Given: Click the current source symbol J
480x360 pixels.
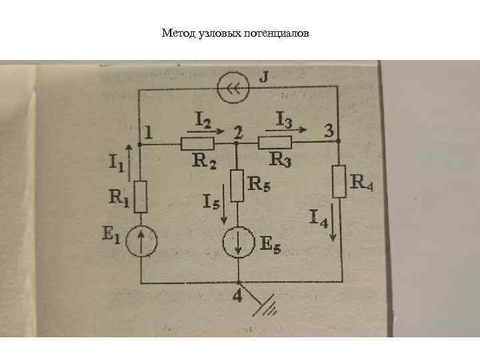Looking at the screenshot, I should [x=233, y=87].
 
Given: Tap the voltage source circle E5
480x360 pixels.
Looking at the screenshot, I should [x=238, y=243].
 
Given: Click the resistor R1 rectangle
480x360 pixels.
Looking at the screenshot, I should [x=141, y=197].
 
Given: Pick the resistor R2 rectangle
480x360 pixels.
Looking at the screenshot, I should [x=197, y=143].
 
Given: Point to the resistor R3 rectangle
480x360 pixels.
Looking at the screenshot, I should [x=275, y=142].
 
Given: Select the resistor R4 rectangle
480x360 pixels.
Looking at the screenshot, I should [x=339, y=182].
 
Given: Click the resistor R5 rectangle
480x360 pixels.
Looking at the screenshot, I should [x=238, y=186].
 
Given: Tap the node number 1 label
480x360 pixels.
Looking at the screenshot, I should [x=148, y=133].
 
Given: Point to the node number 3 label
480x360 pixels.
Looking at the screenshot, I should [x=328, y=130].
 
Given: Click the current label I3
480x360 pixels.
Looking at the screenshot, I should [x=283, y=119].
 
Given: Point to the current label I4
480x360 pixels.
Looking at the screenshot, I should [x=319, y=217].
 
